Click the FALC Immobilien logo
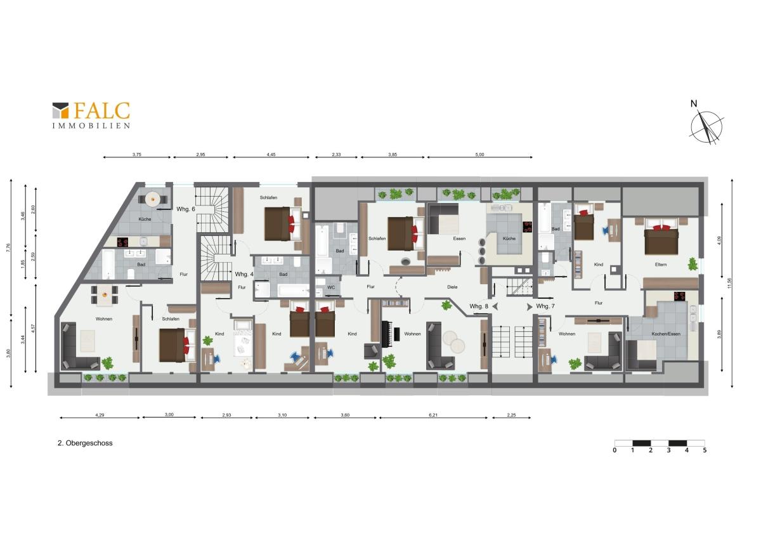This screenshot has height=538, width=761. tap(91, 115)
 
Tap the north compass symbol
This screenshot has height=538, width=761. tap(706, 124)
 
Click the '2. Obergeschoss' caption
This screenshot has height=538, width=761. tap(85, 443)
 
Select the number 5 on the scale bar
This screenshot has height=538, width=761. tap(705, 450)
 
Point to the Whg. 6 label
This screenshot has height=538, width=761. tap(185, 209)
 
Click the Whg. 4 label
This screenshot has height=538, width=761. tap(244, 274)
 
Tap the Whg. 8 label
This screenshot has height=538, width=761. tap(479, 306)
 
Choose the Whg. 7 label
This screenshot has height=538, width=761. tap(545, 306)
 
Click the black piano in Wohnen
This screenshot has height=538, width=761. tap(387, 334)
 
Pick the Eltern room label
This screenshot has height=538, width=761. tap(661, 265)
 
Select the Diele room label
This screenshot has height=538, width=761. tap(452, 287)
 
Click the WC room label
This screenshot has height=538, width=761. tap(331, 287)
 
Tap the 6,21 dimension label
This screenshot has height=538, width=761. tap(433, 415)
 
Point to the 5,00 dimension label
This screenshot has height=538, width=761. tap(479, 155)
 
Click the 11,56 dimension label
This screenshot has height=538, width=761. tap(729, 283)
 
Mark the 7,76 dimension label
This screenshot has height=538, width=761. tap(8, 248)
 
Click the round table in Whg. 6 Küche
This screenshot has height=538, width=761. tap(153, 199)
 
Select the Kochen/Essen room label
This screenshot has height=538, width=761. tap(666, 334)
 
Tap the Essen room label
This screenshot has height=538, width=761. tap(459, 239)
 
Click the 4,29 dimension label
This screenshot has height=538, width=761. tap(100, 415)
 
